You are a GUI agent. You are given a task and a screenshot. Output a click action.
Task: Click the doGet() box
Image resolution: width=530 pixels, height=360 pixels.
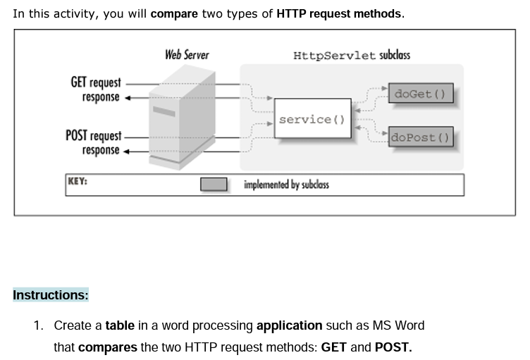click(420, 94)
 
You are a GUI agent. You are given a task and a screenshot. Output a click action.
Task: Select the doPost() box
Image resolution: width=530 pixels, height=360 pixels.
click(420, 137)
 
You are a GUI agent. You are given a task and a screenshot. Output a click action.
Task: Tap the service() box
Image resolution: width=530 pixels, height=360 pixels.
click(312, 120)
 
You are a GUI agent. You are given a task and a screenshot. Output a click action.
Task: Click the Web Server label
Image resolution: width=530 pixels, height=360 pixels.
click(187, 54)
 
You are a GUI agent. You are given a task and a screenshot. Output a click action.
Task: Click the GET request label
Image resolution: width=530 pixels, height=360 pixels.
click(95, 82)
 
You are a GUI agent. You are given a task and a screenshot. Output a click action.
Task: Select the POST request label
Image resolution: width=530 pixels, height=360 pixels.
click(93, 135)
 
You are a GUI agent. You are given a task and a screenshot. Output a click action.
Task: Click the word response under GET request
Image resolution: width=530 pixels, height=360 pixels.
click(101, 97)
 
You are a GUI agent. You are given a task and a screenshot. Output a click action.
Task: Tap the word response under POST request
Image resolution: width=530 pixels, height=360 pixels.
click(101, 150)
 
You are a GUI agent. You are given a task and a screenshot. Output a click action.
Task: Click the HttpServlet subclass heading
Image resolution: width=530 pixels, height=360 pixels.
click(352, 55)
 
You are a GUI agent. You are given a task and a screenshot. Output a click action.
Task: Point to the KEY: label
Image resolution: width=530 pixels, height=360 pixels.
click(78, 181)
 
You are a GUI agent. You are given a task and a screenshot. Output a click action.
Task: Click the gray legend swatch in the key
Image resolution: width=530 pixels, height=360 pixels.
click(214, 185)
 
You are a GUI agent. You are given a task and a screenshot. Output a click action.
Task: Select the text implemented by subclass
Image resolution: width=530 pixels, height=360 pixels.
click(286, 185)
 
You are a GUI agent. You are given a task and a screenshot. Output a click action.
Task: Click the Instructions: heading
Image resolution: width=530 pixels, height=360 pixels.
click(51, 295)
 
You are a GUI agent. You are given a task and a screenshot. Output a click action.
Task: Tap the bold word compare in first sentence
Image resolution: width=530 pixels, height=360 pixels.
click(174, 13)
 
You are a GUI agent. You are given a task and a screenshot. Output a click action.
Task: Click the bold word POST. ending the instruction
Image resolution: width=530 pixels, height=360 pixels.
click(393, 347)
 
